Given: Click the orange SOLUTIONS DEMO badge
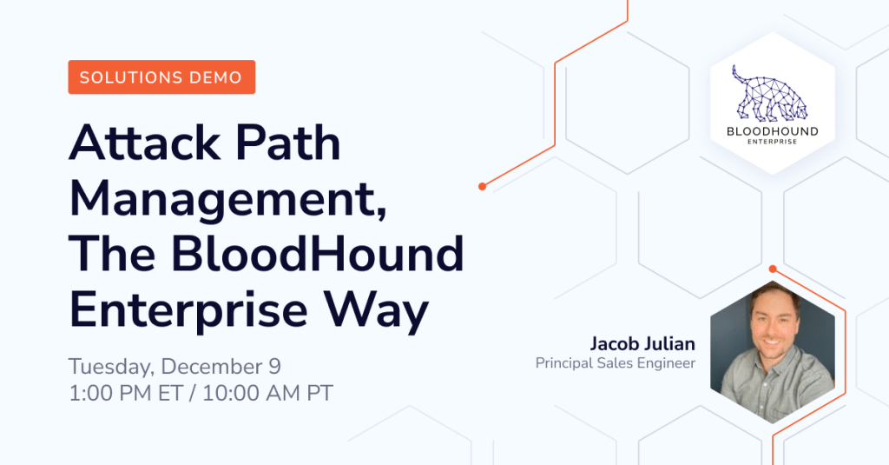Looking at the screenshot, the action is (x=161, y=77).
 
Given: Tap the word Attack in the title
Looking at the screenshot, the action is (x=145, y=143).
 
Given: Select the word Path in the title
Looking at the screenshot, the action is (x=288, y=143).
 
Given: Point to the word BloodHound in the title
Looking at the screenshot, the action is (x=318, y=254).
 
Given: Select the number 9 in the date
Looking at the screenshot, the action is (x=274, y=366).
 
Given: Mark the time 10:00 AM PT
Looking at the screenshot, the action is (x=267, y=393).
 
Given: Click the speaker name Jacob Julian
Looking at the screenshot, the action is (x=642, y=344).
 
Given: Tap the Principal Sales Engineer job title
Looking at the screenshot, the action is (x=616, y=363).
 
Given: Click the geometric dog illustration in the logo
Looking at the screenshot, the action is (x=769, y=94).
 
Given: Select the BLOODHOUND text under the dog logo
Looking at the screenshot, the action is (x=772, y=132).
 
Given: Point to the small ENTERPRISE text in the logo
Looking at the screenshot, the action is (x=772, y=142).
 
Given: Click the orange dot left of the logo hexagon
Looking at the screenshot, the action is (x=482, y=186).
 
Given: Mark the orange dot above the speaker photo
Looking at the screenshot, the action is (x=772, y=269).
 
